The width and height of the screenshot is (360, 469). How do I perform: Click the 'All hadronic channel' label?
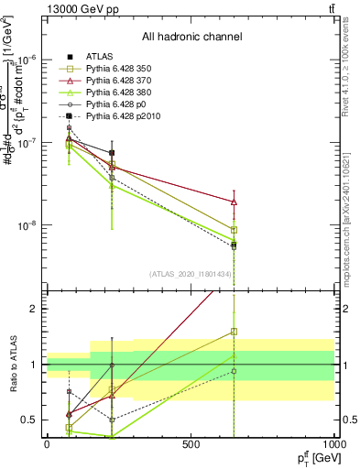[x=191, y=38]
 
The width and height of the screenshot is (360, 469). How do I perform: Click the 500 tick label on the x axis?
[x=191, y=445]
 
